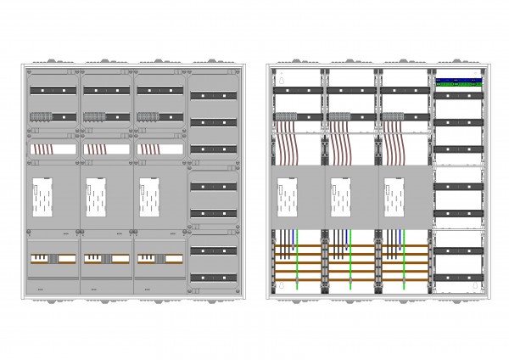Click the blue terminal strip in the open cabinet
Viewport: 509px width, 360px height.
click(x=459, y=82)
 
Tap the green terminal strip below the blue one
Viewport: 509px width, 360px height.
click(x=459, y=86)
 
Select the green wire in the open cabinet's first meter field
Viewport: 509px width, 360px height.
click(x=296, y=263)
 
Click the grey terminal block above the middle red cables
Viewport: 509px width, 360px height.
click(x=339, y=116)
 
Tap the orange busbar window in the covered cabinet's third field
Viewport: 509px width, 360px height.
click(x=159, y=258)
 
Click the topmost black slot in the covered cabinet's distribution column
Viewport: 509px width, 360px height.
click(x=213, y=94)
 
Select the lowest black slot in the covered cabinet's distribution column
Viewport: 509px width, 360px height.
click(x=213, y=278)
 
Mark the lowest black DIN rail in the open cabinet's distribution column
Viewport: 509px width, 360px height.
click(x=459, y=278)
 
